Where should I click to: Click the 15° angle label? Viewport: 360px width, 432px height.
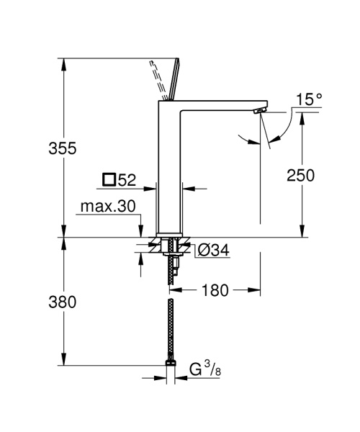click(309, 99)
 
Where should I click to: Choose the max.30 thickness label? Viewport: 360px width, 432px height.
click(108, 207)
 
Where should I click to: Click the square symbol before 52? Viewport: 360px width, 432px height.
click(109, 179)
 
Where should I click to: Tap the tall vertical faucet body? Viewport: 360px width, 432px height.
click(170, 173)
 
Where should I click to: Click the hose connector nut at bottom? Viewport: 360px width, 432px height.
click(170, 363)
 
